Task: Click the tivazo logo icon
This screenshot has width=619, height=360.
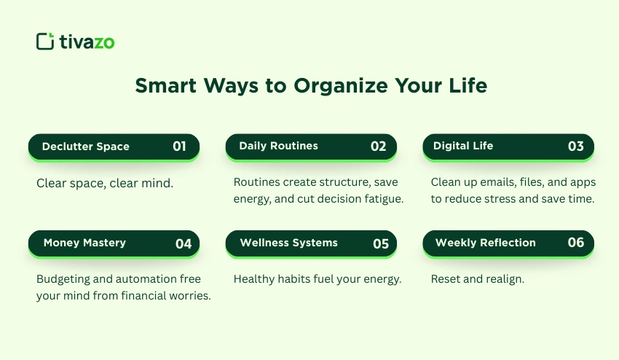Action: pyautogui.click(x=45, y=42)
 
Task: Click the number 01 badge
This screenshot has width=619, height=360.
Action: pyautogui.click(x=180, y=146)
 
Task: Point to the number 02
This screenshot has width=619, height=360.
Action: pyautogui.click(x=378, y=146)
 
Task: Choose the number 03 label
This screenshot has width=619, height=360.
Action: pyautogui.click(x=575, y=146)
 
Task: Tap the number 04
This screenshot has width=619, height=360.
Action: pyautogui.click(x=184, y=243)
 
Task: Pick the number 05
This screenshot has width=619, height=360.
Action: pyautogui.click(x=381, y=243)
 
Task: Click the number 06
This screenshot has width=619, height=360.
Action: pyautogui.click(x=575, y=243)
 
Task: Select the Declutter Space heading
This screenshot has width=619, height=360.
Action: pyautogui.click(x=85, y=146)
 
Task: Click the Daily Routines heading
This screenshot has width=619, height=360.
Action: pyautogui.click(x=278, y=146)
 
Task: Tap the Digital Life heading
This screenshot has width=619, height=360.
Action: pyautogui.click(x=463, y=146)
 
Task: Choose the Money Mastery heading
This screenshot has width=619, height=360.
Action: pyautogui.click(x=84, y=243)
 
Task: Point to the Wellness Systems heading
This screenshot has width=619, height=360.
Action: pyautogui.click(x=288, y=243)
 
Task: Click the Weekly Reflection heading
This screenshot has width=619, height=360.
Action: pyautogui.click(x=485, y=243)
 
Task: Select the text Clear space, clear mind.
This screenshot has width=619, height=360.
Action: pyautogui.click(x=105, y=183)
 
